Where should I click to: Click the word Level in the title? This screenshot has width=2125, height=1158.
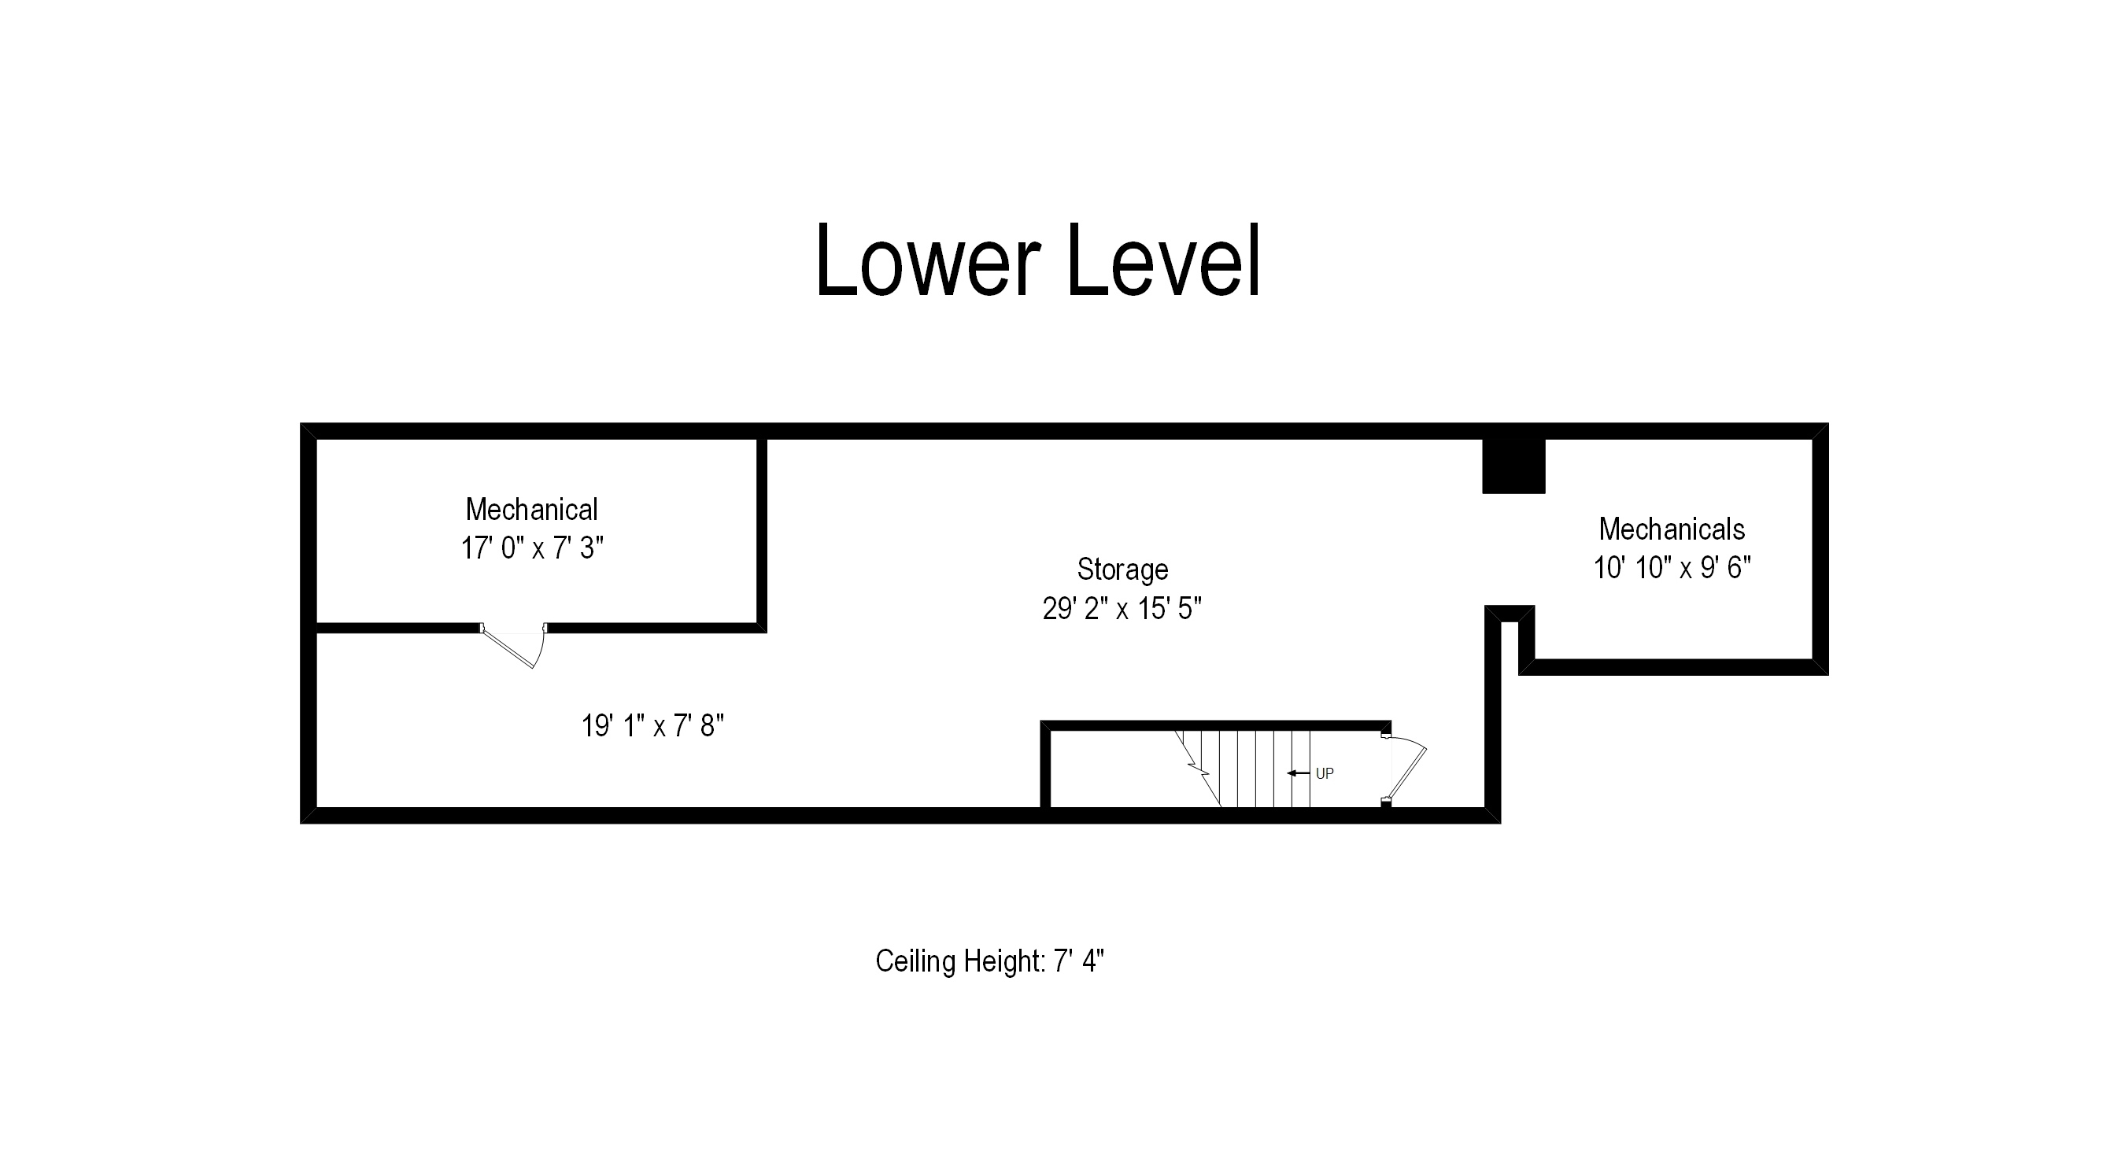click(1164, 260)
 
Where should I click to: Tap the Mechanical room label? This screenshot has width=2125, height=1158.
click(531, 510)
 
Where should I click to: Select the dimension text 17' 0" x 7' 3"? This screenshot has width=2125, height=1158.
click(532, 548)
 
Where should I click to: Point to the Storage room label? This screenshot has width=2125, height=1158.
click(1122, 569)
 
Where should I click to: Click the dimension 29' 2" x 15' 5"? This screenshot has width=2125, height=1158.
click(1122, 609)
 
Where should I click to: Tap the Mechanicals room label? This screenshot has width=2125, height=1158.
click(1672, 529)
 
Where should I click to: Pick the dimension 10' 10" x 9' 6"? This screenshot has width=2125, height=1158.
click(1672, 567)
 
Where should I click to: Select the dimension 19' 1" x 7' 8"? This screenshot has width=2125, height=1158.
click(652, 726)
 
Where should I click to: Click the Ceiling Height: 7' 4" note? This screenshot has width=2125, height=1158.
click(989, 961)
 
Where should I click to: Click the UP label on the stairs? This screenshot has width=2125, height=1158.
click(1324, 773)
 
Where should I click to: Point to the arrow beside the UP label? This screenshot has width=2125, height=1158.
click(1298, 773)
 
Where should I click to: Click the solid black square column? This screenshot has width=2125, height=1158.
click(1513, 466)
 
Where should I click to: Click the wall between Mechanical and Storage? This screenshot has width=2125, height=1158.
click(761, 532)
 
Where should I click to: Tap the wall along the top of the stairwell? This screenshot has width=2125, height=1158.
click(1213, 726)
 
